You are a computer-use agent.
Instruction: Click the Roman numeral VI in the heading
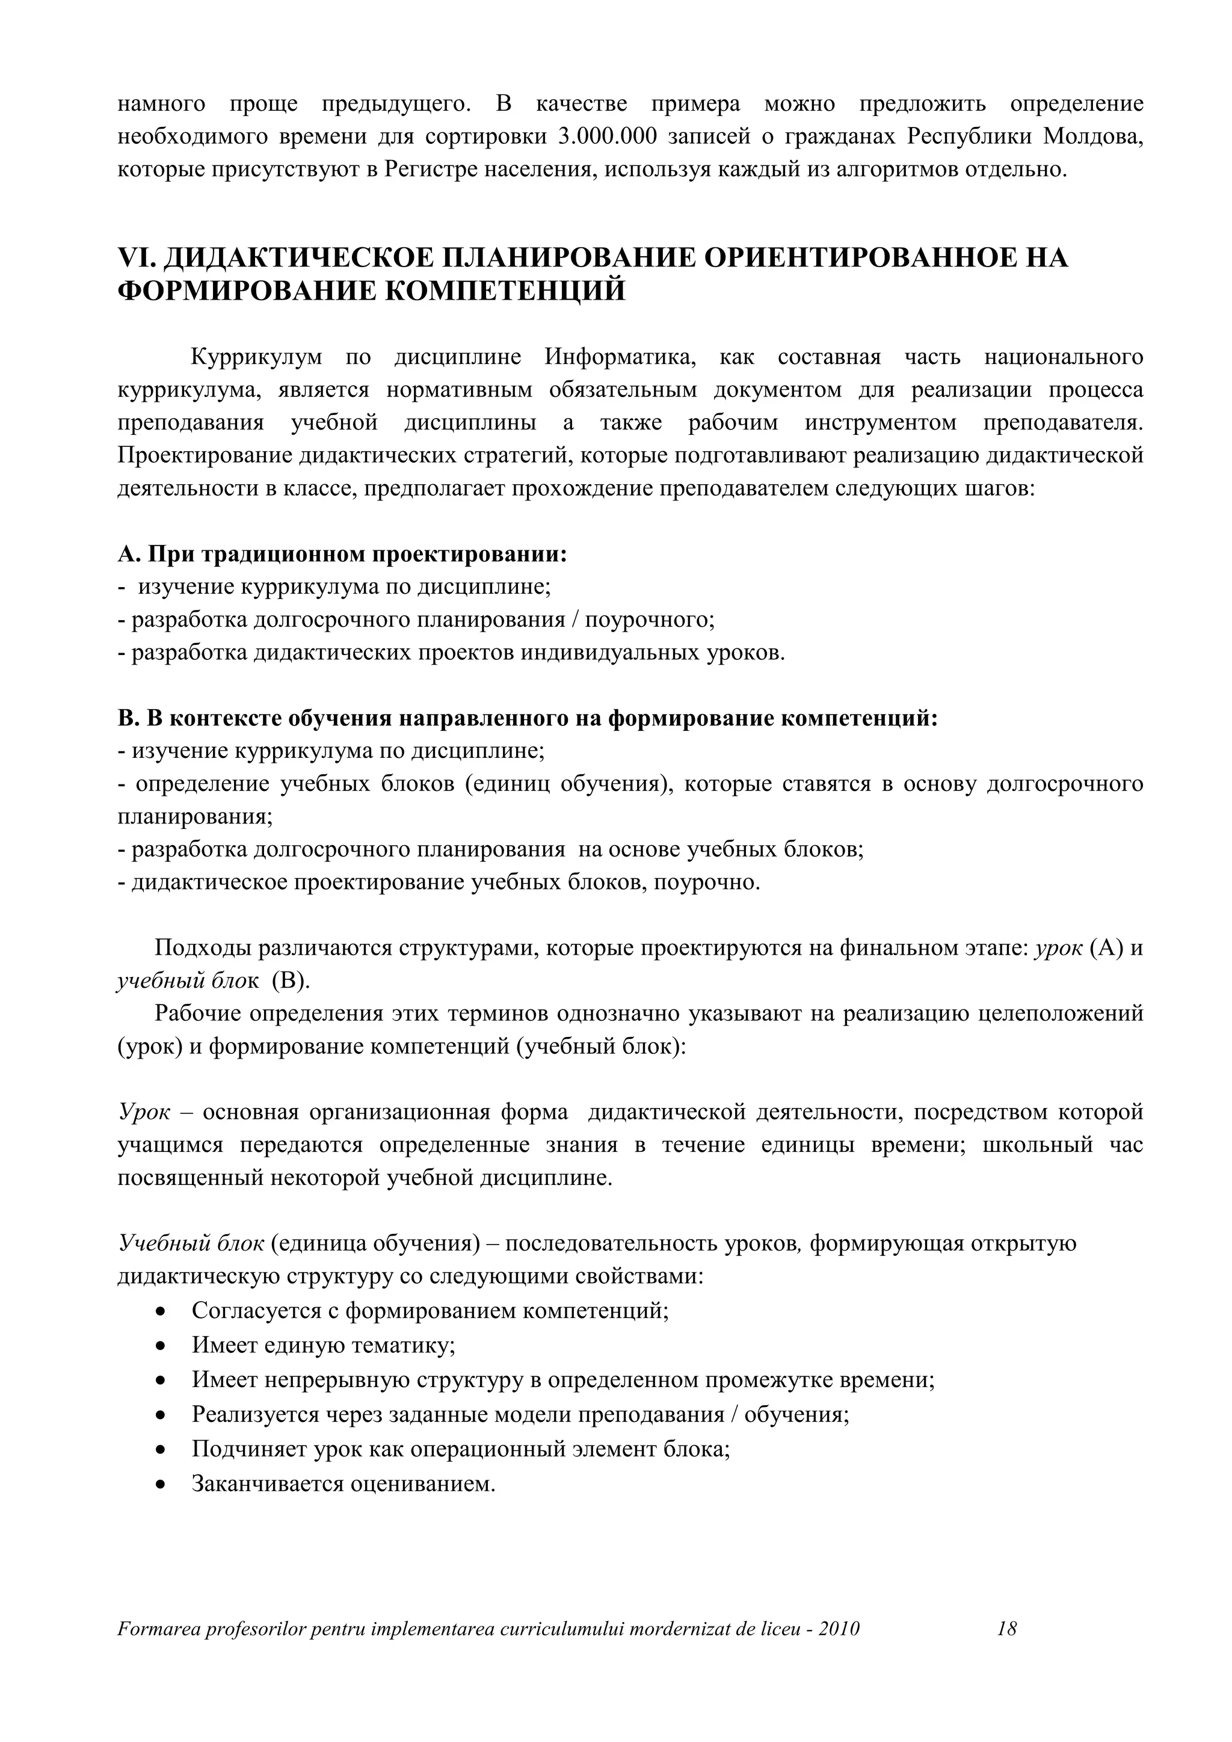coord(137,258)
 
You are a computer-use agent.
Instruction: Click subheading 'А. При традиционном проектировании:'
coord(342,555)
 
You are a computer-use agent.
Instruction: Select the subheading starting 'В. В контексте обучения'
coord(527,718)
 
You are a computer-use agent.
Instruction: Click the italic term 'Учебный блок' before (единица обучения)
coord(191,1243)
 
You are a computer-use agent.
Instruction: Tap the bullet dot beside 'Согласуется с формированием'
coord(160,1311)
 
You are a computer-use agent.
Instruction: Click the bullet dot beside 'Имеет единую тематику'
coord(160,1346)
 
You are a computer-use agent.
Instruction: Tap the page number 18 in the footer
coord(1006,1629)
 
